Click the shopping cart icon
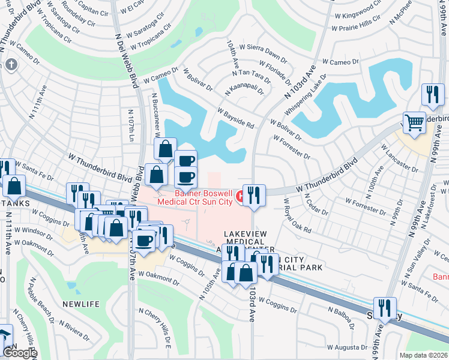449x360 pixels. tap(414, 122)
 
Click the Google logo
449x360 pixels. tap(20, 353)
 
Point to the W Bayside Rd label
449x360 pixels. tap(237, 118)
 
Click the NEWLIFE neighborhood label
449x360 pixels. tap(80, 304)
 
